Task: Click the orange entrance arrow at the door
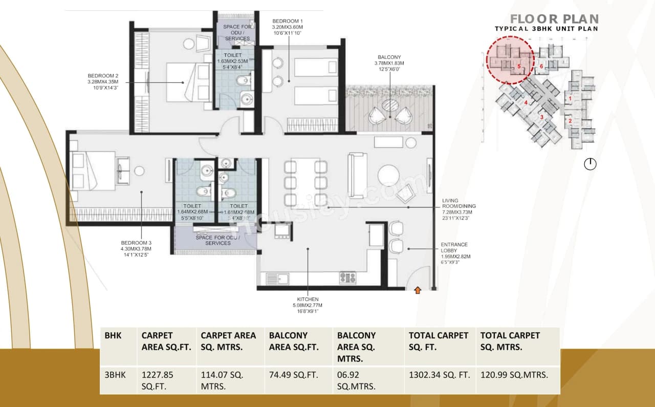click(418, 291)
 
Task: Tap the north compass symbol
click(590, 164)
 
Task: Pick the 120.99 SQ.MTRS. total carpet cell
click(514, 375)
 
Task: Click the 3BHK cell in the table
click(114, 375)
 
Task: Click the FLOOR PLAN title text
click(554, 19)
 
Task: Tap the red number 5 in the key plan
click(519, 67)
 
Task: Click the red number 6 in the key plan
click(541, 67)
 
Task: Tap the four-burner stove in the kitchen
click(348, 278)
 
